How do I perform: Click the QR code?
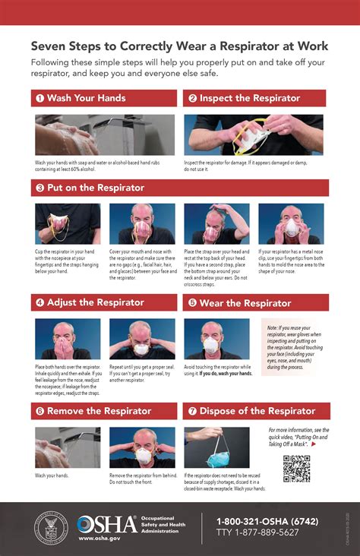(x=297, y=469)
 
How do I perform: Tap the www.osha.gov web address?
(x=99, y=539)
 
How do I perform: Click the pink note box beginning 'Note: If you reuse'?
(x=295, y=347)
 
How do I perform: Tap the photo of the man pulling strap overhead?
(x=216, y=223)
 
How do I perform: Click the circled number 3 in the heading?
(x=39, y=188)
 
